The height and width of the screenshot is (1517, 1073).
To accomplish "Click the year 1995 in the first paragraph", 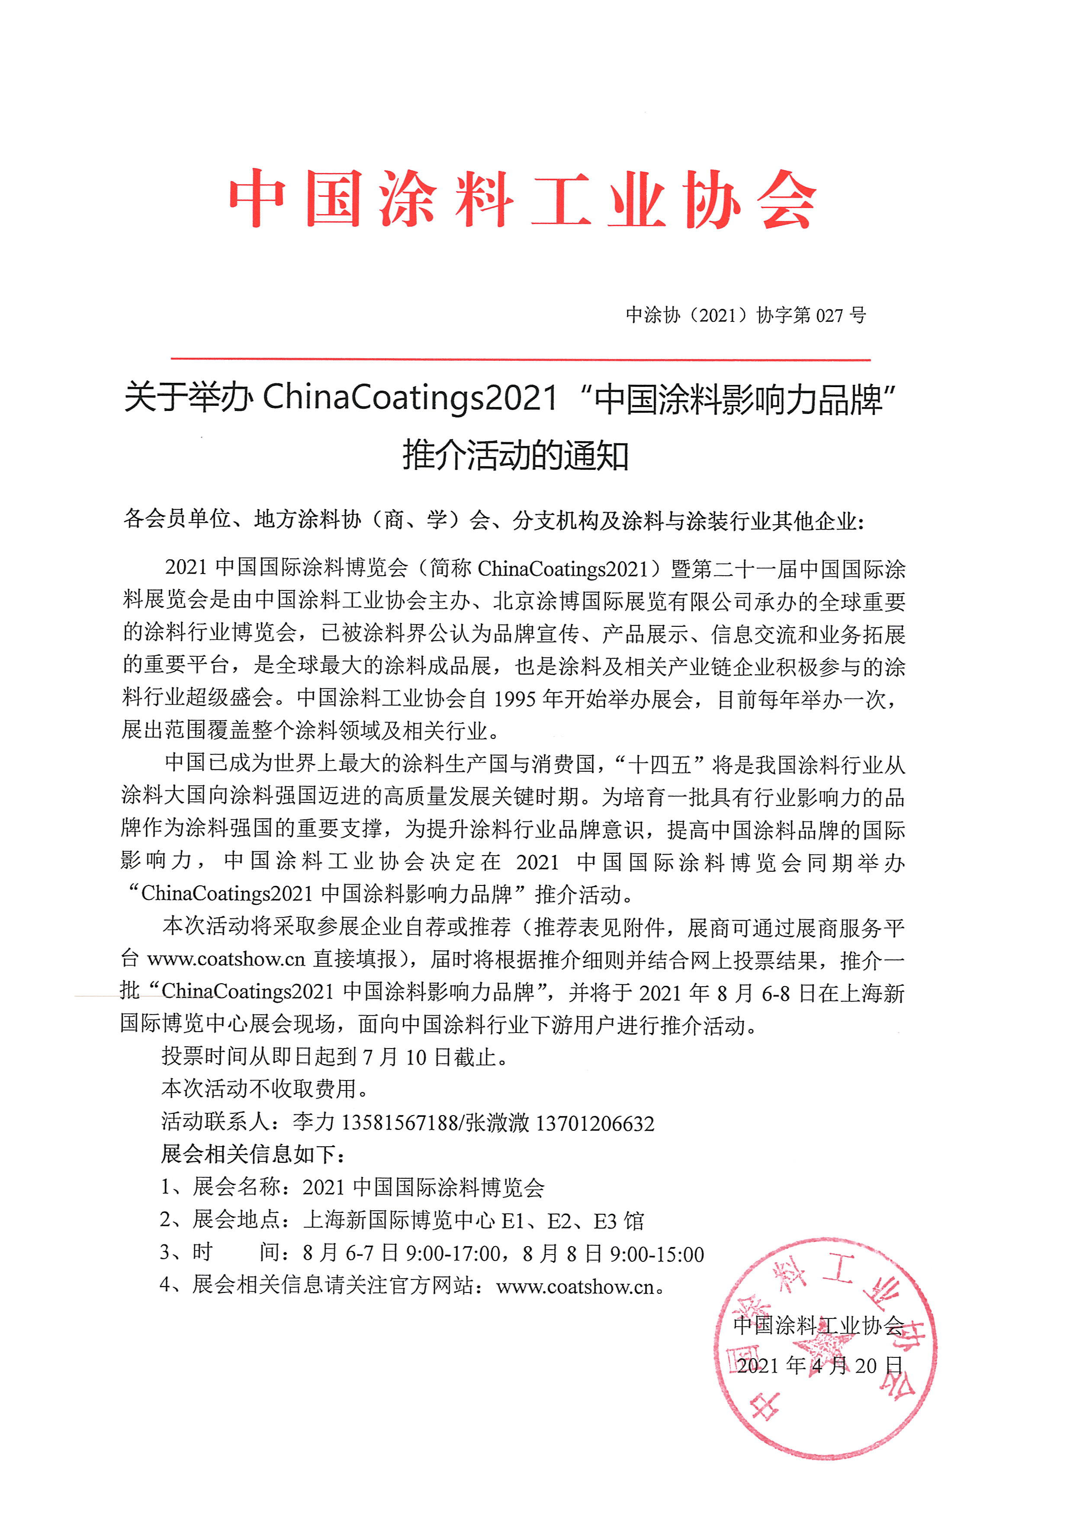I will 514,699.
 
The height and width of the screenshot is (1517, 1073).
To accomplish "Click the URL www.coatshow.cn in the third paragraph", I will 226,959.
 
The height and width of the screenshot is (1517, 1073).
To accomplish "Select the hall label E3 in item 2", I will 605,1221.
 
